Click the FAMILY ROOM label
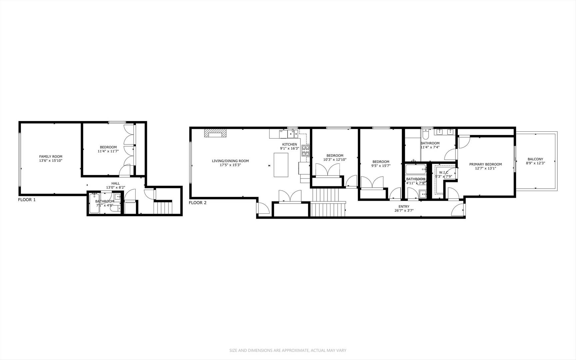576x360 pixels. [x=51, y=156]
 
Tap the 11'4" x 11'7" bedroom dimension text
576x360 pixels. [x=108, y=151]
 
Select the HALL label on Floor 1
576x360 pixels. [x=116, y=183]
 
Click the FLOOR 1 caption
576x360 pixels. [x=27, y=200]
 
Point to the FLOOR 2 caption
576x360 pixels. [x=198, y=202]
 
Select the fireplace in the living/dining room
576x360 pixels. [x=215, y=133]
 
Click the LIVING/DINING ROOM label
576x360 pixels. [x=230, y=161]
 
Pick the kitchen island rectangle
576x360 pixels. [x=281, y=165]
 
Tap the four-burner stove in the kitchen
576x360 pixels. [x=305, y=151]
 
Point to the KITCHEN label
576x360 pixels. [x=289, y=144]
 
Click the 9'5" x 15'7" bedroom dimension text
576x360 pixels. [x=381, y=166]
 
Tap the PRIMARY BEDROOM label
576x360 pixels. [x=485, y=164]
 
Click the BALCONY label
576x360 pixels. [x=535, y=159]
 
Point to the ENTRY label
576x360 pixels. [x=404, y=206]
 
